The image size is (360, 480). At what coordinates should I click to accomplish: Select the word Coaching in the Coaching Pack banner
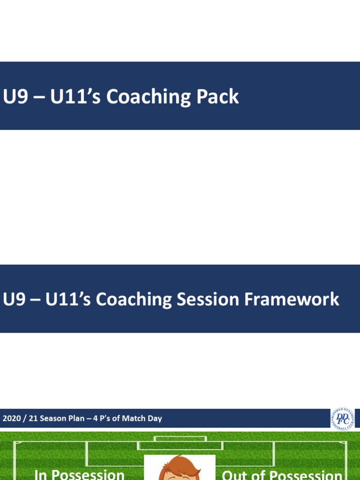click(x=148, y=97)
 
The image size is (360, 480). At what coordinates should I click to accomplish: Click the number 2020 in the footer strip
click(x=12, y=419)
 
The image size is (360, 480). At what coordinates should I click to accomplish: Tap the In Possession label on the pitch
click(x=80, y=474)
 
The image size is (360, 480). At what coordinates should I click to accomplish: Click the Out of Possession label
click(x=282, y=474)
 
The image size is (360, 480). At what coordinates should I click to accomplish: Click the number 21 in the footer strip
click(x=33, y=419)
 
